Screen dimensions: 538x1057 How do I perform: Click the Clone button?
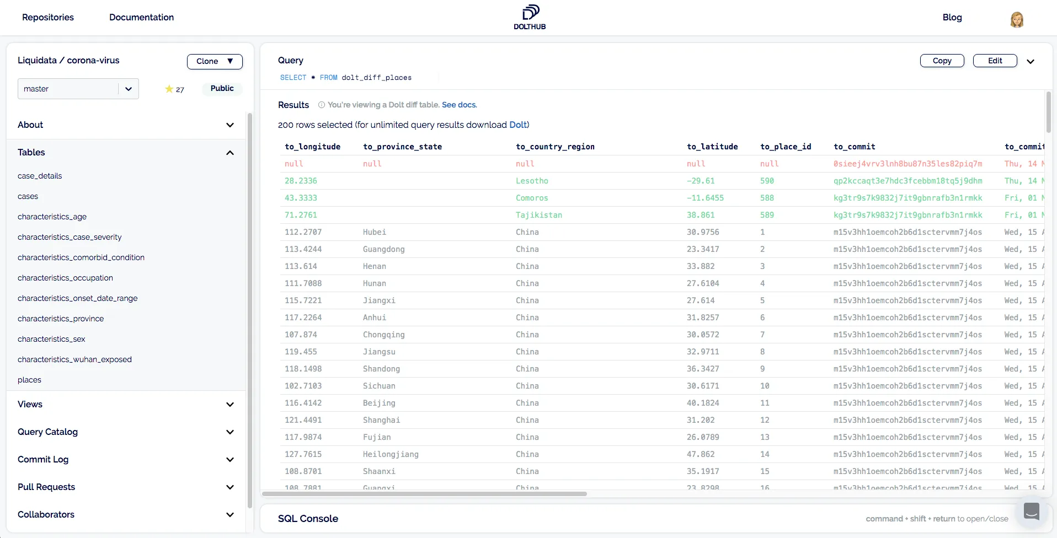click(x=215, y=61)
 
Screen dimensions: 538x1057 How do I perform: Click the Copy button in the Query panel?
click(x=942, y=61)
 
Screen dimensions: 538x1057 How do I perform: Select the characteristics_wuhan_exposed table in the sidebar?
click(x=74, y=359)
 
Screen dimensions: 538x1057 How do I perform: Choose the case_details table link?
click(x=40, y=176)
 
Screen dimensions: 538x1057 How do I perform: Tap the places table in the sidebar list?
click(x=29, y=380)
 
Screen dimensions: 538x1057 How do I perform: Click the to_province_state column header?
click(x=402, y=147)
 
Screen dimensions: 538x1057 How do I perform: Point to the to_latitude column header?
click(x=712, y=147)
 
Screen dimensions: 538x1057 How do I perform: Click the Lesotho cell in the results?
click(x=532, y=181)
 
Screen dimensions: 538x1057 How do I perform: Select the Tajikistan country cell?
click(x=538, y=215)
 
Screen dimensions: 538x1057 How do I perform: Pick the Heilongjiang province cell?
click(x=391, y=454)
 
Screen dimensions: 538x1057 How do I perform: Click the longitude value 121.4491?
click(x=303, y=420)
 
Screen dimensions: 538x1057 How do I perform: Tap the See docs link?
click(x=459, y=105)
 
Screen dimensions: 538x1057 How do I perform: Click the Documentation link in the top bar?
click(x=141, y=17)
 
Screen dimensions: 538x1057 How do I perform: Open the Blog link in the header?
click(x=952, y=17)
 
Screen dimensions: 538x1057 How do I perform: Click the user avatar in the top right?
click(x=1017, y=19)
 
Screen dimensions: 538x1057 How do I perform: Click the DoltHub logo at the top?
click(x=530, y=17)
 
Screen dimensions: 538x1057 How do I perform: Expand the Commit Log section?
click(x=126, y=459)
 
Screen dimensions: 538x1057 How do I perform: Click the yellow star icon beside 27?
click(x=169, y=89)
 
